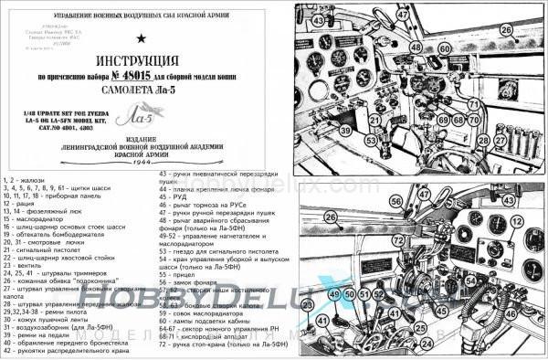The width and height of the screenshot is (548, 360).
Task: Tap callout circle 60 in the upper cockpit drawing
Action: coord(445,48)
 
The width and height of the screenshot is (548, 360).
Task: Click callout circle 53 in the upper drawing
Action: coord(371,141)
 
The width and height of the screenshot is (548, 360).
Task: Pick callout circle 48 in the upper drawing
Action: coord(416,47)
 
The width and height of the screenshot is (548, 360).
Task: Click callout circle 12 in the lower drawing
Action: coord(517,221)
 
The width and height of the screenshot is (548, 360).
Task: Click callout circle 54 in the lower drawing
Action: coord(470,281)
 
